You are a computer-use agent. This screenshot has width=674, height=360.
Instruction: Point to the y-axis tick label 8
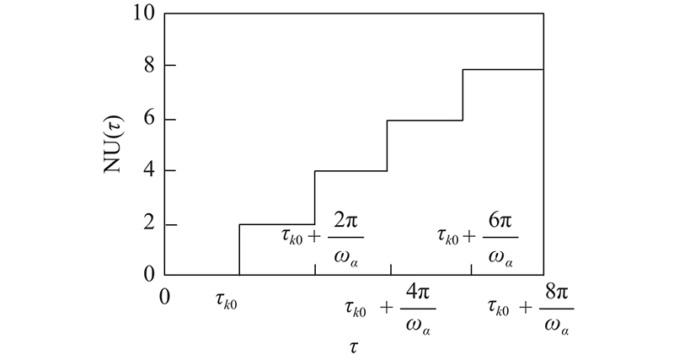148,66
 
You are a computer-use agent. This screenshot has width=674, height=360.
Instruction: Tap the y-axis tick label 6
148,119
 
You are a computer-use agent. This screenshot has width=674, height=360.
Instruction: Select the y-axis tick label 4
148,171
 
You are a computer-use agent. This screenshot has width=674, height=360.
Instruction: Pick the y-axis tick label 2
148,224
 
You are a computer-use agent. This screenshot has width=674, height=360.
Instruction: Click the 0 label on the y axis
148,275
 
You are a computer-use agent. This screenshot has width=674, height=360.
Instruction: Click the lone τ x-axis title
355,346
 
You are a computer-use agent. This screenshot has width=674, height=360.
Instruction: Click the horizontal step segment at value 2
276,224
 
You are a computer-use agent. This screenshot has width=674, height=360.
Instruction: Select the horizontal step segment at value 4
350,171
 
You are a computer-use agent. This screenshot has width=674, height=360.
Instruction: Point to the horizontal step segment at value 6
425,120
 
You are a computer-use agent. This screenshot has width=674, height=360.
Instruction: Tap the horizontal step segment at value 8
503,69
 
